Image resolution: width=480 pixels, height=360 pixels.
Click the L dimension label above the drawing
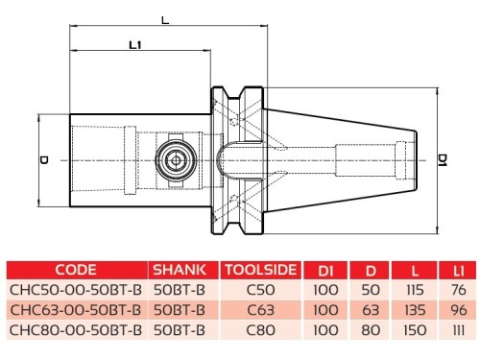pyautogui.click(x=165, y=20)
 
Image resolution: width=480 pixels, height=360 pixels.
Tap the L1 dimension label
pyautogui.click(x=135, y=45)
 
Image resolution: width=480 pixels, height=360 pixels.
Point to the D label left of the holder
pyautogui.click(x=44, y=160)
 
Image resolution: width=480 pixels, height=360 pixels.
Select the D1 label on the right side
pyautogui.click(x=443, y=159)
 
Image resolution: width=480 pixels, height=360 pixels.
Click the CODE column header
pyautogui.click(x=76, y=270)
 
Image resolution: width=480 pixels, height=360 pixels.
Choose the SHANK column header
pyautogui.click(x=180, y=270)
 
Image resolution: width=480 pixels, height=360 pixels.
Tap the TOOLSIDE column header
pyautogui.click(x=261, y=270)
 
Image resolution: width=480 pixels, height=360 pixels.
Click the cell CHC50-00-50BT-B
pyautogui.click(x=76, y=290)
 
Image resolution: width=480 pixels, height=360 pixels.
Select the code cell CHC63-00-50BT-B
pyautogui.click(x=76, y=310)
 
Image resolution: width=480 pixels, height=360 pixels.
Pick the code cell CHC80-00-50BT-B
pyautogui.click(x=76, y=330)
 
